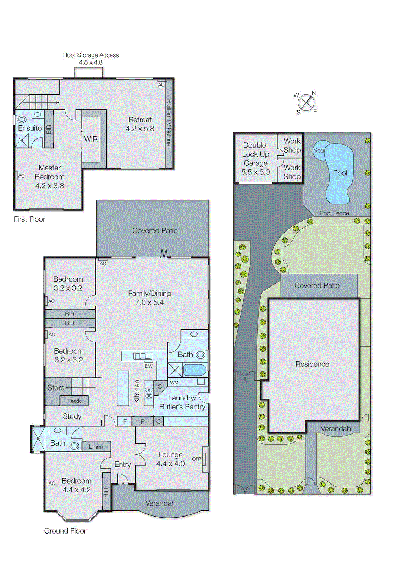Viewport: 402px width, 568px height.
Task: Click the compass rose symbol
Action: point(305,103)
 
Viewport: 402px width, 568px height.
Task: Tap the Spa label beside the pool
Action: point(318,150)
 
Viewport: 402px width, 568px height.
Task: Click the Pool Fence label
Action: point(334,213)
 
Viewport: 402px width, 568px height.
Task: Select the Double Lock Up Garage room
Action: point(255,158)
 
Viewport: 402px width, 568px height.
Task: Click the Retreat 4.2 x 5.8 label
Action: point(140,124)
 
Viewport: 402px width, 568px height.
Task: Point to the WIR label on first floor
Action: point(90,139)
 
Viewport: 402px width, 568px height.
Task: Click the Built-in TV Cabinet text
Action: point(169,124)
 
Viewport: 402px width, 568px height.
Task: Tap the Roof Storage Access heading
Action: point(90,55)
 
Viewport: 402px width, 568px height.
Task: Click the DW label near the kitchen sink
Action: point(149,366)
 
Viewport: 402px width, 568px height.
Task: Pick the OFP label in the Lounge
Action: point(196,459)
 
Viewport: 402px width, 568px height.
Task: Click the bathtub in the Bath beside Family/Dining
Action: point(195,370)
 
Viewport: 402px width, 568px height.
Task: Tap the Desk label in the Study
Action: point(74,401)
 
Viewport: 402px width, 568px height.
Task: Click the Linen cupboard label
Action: point(96,447)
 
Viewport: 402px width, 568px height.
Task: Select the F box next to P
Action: point(125,421)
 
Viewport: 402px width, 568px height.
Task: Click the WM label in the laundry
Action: point(174,383)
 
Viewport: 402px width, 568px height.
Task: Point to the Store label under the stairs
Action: point(56,388)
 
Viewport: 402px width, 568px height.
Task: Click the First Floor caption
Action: point(29,219)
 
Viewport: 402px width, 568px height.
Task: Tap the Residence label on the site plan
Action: point(312,364)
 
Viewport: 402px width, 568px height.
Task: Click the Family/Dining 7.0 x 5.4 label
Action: point(149,298)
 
